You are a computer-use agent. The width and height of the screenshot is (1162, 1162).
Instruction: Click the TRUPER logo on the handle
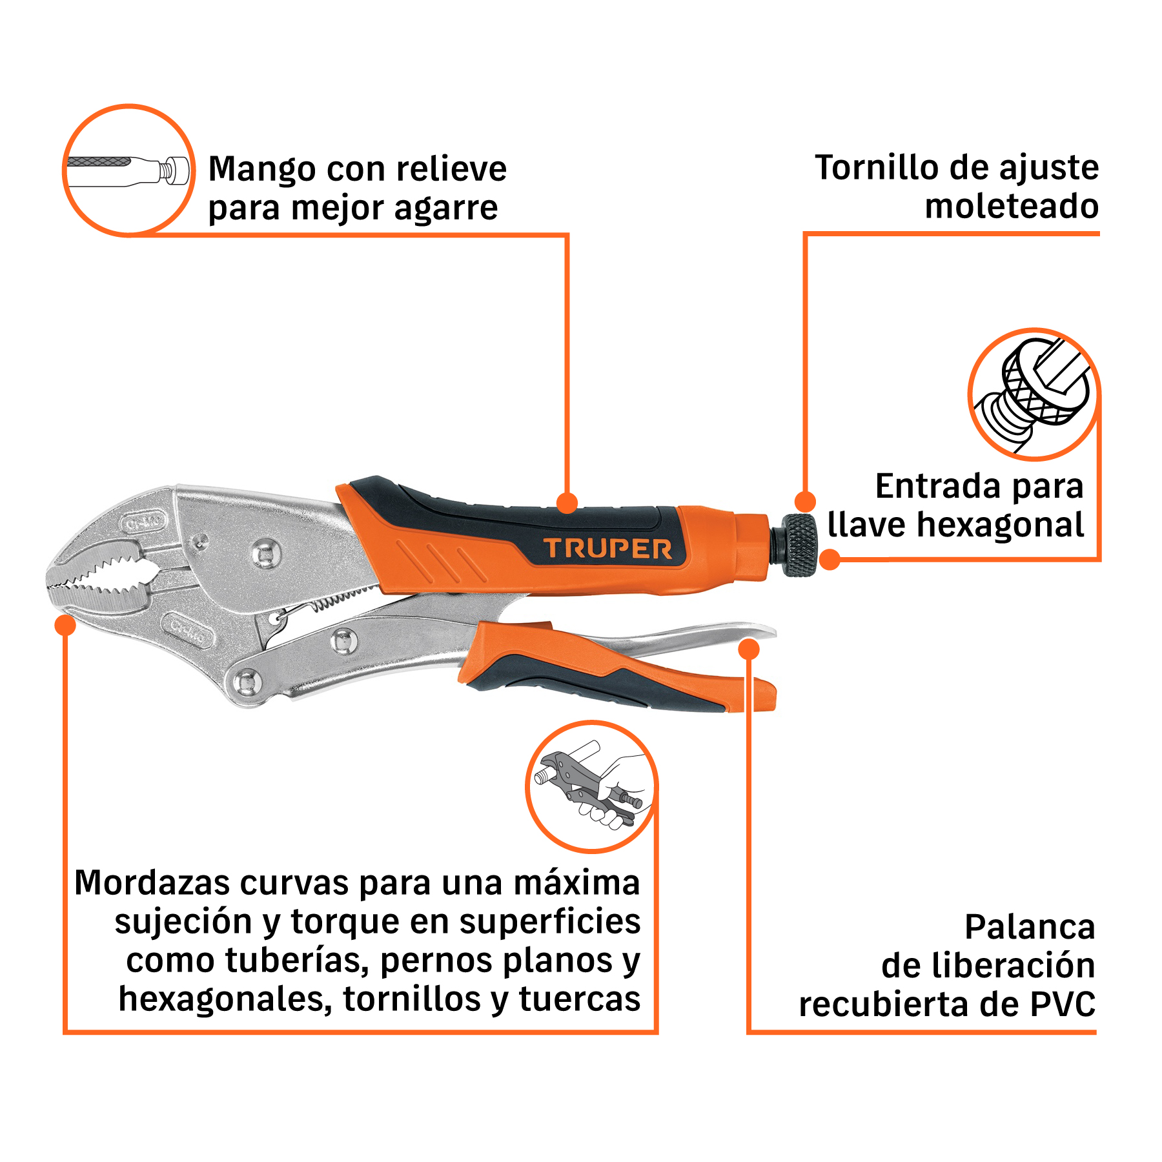point(607,548)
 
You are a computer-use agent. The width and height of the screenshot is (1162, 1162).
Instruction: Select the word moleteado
point(1012,207)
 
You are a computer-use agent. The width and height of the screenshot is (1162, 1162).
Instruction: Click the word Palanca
point(1030,927)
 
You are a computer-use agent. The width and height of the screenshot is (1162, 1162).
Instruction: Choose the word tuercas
point(579,999)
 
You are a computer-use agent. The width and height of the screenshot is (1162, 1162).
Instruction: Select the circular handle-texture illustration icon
point(128,170)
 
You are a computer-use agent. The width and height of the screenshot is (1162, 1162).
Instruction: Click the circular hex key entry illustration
point(1034,394)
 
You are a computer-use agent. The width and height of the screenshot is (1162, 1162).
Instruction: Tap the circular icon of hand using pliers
point(591,786)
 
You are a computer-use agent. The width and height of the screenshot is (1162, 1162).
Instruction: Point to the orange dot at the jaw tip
point(65,625)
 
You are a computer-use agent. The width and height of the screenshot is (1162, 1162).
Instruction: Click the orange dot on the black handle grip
point(567,502)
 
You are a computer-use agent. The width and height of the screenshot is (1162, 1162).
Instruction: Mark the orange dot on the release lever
point(748,649)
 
